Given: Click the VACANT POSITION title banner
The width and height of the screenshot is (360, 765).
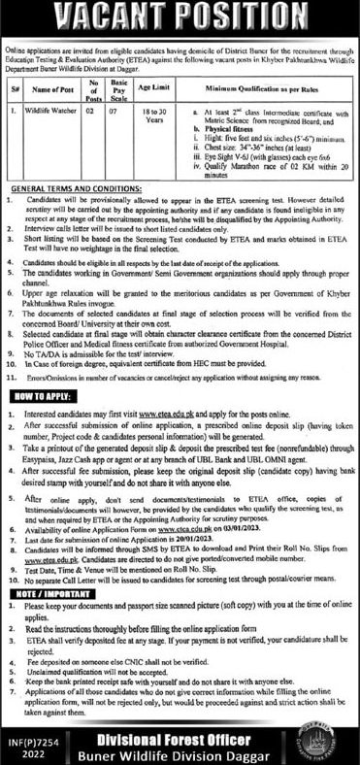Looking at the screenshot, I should tap(180, 17).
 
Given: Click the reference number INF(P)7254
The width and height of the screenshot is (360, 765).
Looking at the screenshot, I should tap(29, 735).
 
